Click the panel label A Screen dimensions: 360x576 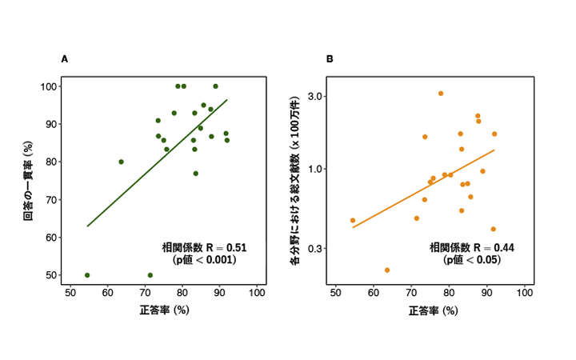pos(64,59)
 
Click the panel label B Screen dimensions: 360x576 pos(330,59)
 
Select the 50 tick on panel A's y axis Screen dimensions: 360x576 pos(55,275)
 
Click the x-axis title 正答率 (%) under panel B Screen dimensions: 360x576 pos(432,310)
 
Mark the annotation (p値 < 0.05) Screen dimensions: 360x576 pos(471,259)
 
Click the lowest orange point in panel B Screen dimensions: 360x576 pos(387,270)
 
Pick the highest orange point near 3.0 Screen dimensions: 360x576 pos(441,94)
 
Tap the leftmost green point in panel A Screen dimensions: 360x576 pos(87,275)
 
